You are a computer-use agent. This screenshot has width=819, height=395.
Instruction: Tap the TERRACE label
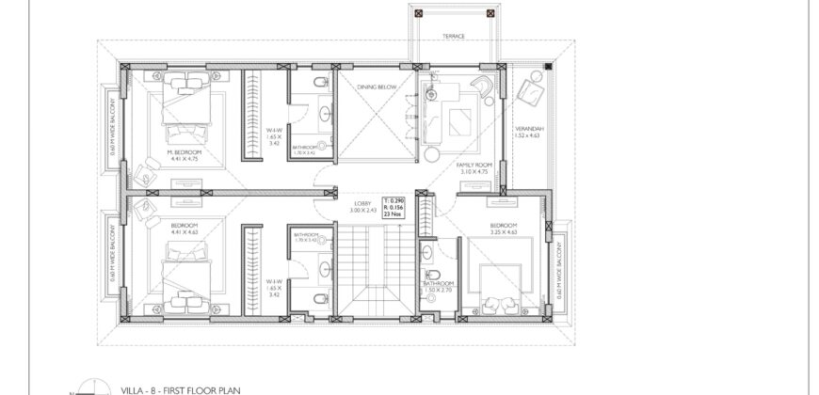click(455, 39)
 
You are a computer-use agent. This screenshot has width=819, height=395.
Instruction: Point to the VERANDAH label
click(531, 128)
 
